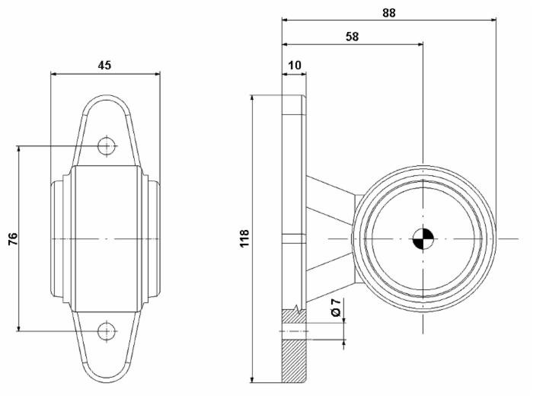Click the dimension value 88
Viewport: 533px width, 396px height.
[388, 12]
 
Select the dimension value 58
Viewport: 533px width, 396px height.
[352, 36]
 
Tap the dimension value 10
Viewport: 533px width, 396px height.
[293, 66]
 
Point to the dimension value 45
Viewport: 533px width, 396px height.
[105, 65]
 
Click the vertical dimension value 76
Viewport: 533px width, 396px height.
[13, 239]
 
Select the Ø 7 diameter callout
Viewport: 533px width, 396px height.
[336, 308]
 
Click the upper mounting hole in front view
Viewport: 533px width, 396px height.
[107, 145]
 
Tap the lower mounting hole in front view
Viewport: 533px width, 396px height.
[107, 331]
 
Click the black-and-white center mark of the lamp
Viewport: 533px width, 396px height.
[422, 239]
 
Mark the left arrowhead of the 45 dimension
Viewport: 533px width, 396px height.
[54, 74]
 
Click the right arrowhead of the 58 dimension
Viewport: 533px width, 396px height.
[419, 44]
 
